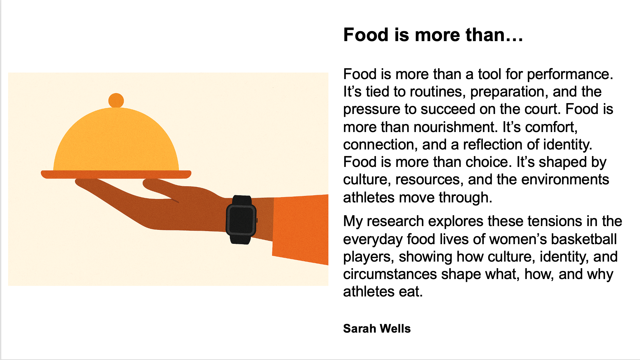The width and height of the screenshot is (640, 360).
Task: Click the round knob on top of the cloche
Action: click(x=116, y=100)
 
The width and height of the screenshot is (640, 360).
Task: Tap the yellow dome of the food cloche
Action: click(x=116, y=140)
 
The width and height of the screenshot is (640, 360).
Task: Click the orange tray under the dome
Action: click(x=116, y=174)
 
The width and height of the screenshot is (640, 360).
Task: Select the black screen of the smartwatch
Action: click(x=241, y=220)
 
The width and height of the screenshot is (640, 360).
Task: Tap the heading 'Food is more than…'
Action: click(x=433, y=35)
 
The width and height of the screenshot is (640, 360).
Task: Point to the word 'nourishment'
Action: click(x=419, y=127)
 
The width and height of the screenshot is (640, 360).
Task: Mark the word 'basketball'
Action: click(x=584, y=239)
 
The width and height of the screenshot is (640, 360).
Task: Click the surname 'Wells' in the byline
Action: click(x=395, y=329)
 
